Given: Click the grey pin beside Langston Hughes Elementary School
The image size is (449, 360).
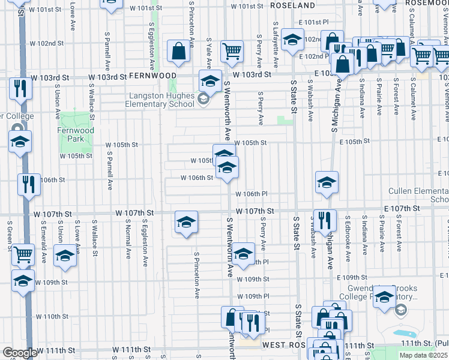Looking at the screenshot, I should (x=203, y=99).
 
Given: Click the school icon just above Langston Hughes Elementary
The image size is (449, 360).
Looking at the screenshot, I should (x=210, y=80).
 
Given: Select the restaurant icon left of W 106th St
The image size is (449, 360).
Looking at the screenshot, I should (x=29, y=184).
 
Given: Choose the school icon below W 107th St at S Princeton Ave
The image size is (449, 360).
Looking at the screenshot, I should (x=186, y=223).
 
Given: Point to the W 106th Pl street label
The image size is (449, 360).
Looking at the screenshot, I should (x=251, y=194).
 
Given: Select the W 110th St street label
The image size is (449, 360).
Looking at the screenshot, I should (x=52, y=316).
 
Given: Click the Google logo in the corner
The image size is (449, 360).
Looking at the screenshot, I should (x=20, y=353).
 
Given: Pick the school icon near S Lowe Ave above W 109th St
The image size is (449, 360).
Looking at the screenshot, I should (x=65, y=255).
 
